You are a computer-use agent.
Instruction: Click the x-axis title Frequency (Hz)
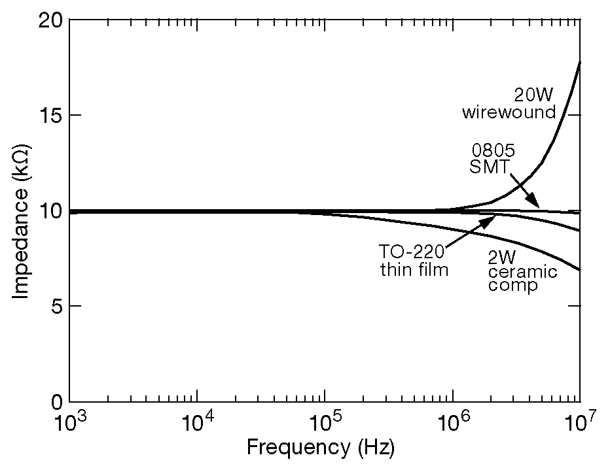coord(321,448)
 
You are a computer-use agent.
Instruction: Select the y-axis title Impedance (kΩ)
coord(21,210)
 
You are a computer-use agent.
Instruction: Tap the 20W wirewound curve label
coord(509,103)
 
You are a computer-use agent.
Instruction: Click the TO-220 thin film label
coord(414,260)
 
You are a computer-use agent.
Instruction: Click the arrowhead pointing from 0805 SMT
coord(536,205)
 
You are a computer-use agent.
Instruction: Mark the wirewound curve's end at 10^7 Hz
coord(579,63)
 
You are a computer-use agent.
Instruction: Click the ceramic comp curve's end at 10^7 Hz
coord(579,270)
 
